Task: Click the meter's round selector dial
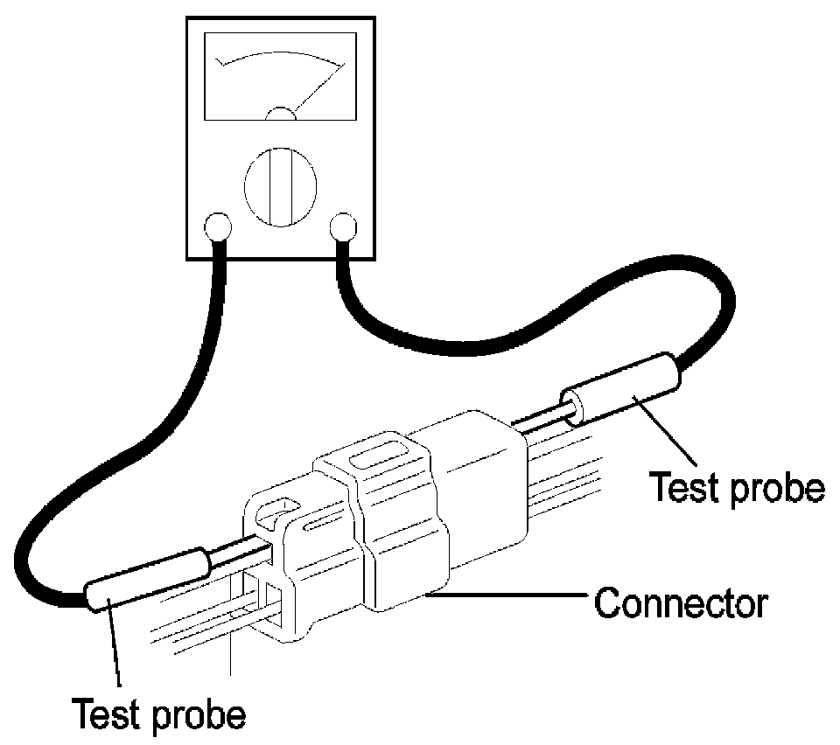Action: pos(280,187)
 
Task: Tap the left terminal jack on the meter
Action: pos(218,227)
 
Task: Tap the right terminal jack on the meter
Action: pos(343,227)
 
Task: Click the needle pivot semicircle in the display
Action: pos(281,113)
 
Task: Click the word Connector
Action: pos(681,603)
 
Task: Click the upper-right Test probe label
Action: pos(737,488)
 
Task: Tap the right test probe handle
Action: pos(620,389)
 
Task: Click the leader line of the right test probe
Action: pos(664,430)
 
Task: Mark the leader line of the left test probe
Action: pos(114,642)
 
